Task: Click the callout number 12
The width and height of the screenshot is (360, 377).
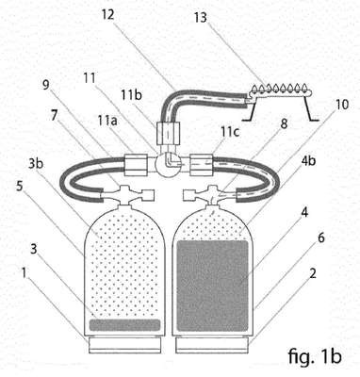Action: pos(107,14)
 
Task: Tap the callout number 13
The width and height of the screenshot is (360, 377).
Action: pos(201,18)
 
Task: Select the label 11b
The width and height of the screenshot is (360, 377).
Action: pos(132,94)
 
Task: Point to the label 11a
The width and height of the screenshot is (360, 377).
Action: pos(107,120)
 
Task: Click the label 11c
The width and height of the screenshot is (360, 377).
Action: pos(230,132)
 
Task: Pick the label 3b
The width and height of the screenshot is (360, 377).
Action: pos(37,164)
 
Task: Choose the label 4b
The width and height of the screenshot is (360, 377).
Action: pos(307,161)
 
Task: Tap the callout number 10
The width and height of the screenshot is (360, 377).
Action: pos(342,105)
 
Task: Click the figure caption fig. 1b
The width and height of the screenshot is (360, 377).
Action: pos(314,356)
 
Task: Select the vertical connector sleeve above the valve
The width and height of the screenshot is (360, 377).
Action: pos(168,134)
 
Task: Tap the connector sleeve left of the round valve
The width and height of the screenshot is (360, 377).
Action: pos(136,165)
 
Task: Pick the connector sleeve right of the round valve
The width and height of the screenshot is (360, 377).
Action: pos(202,165)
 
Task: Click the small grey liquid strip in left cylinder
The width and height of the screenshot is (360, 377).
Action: pos(124,325)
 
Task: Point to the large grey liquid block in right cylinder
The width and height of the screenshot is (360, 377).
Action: pos(212,286)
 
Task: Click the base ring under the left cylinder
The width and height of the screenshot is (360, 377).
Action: pos(125,345)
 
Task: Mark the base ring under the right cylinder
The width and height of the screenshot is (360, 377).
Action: pos(213,345)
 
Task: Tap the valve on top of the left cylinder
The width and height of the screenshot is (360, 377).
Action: pos(125,195)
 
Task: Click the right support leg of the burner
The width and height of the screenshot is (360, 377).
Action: pos(310,108)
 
